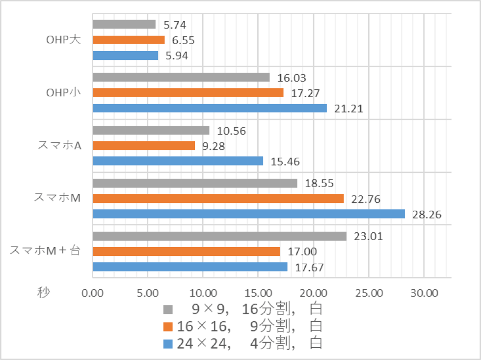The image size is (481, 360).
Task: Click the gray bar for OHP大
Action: tap(124, 25)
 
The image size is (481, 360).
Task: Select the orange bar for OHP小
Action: tap(188, 92)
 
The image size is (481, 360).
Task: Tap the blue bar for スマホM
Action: tap(249, 214)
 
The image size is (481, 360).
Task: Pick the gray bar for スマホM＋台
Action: tap(219, 236)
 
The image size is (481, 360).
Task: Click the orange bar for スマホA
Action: tap(144, 145)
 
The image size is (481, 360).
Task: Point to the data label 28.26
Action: tap(427, 215)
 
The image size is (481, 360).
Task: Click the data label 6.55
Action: tap(183, 40)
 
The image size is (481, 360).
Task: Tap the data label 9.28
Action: tap(213, 146)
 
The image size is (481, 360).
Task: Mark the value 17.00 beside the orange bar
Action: tap(300, 252)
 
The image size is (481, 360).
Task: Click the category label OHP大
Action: tap(60, 40)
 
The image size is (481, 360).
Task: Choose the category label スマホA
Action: tap(59, 145)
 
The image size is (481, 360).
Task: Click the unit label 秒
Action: tap(43, 293)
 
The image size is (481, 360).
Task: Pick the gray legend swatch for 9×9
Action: tap(168, 309)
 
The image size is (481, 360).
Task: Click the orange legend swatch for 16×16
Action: tap(168, 326)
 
